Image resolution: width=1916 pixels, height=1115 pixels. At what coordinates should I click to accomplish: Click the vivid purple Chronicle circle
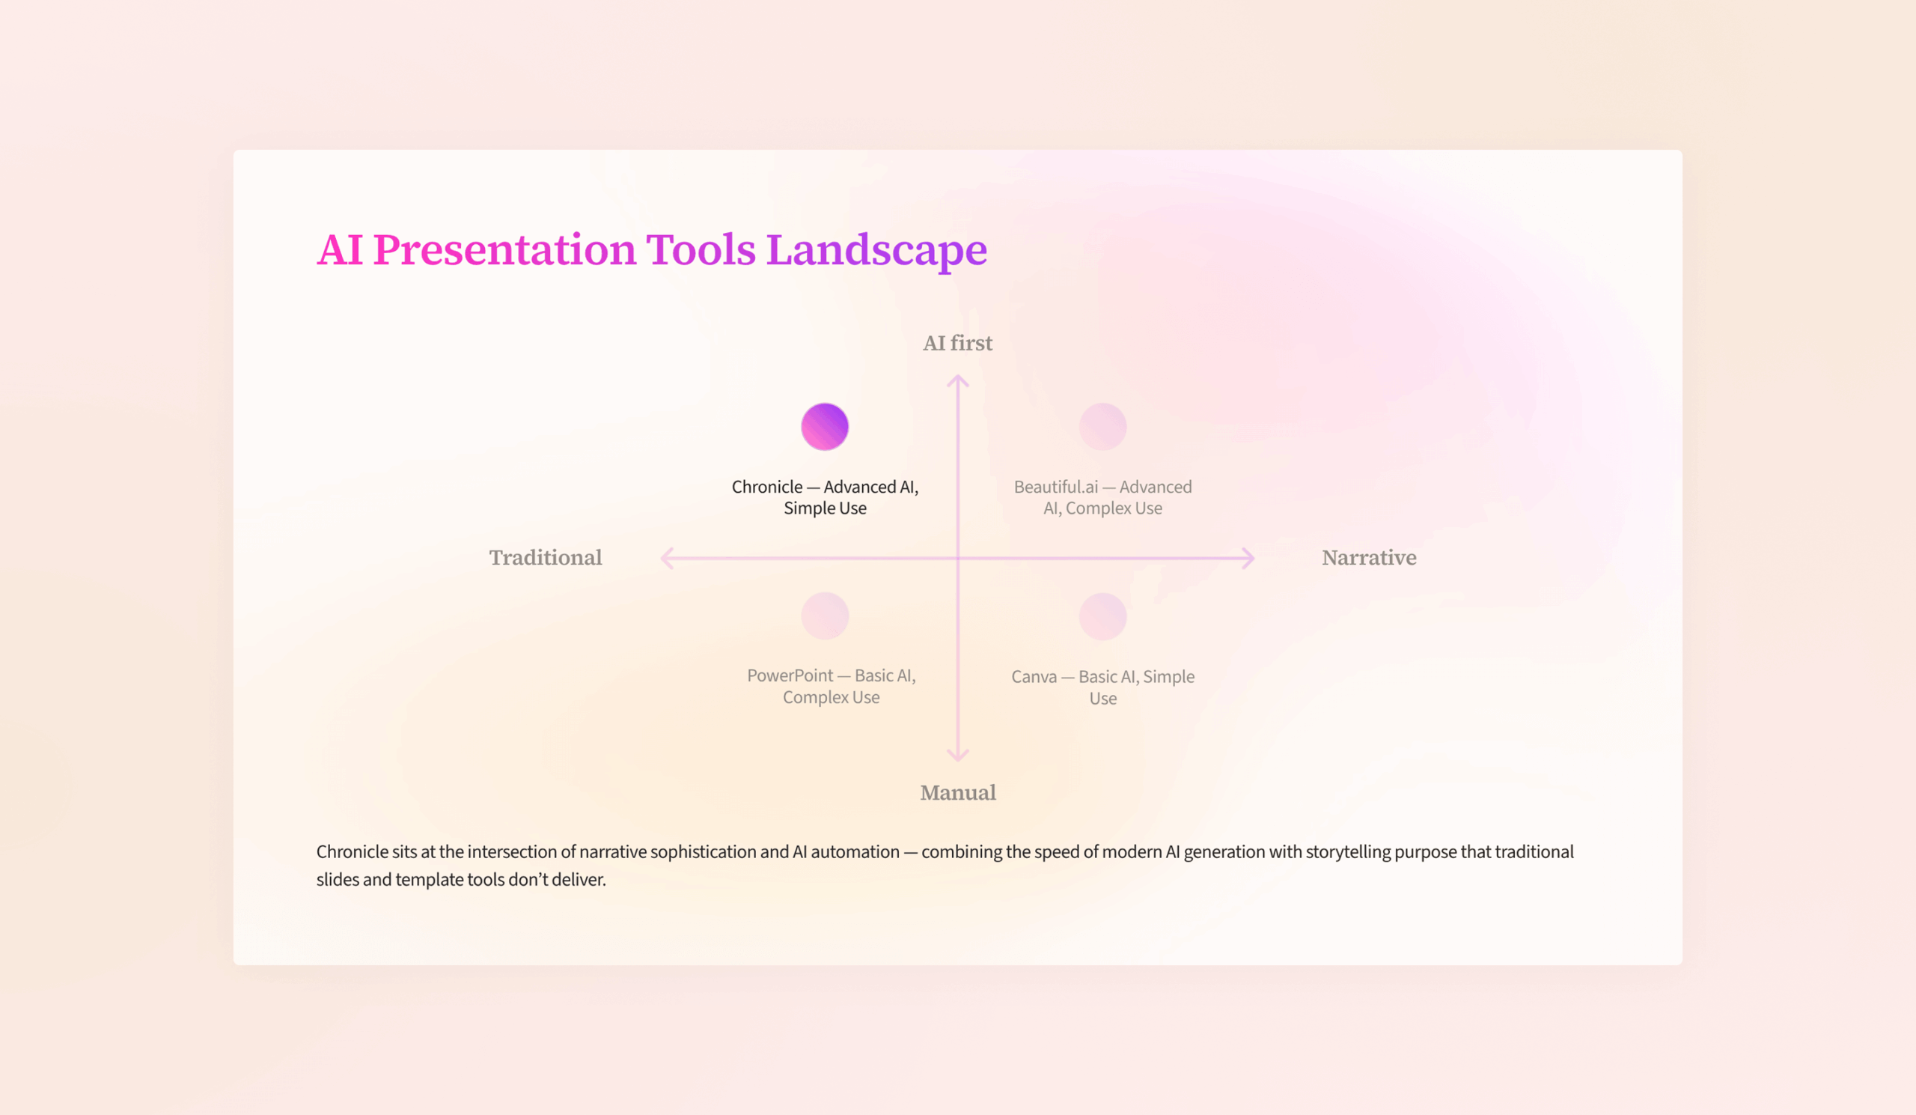(825, 427)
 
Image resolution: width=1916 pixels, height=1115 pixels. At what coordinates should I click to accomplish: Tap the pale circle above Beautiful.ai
(1102, 427)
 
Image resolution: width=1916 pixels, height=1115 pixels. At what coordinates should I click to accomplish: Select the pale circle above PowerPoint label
(825, 616)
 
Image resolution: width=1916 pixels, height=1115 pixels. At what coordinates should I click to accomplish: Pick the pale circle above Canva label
(1102, 616)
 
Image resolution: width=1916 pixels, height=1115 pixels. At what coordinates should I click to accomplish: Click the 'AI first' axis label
(957, 343)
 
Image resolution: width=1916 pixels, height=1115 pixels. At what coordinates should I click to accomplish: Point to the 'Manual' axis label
(958, 792)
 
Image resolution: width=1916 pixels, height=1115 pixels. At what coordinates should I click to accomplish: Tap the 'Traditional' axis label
(545, 557)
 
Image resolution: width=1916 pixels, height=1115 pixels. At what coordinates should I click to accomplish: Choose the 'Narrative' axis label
(1369, 557)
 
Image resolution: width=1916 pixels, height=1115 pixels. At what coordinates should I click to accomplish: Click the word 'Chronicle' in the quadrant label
(766, 487)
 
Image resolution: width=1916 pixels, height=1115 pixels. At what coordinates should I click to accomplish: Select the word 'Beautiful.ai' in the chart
(1056, 487)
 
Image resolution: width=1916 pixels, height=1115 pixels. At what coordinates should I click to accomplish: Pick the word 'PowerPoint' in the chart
(790, 676)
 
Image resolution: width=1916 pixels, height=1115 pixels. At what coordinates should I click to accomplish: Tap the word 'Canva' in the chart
(1034, 677)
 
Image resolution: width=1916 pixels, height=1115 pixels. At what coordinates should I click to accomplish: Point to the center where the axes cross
(958, 559)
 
